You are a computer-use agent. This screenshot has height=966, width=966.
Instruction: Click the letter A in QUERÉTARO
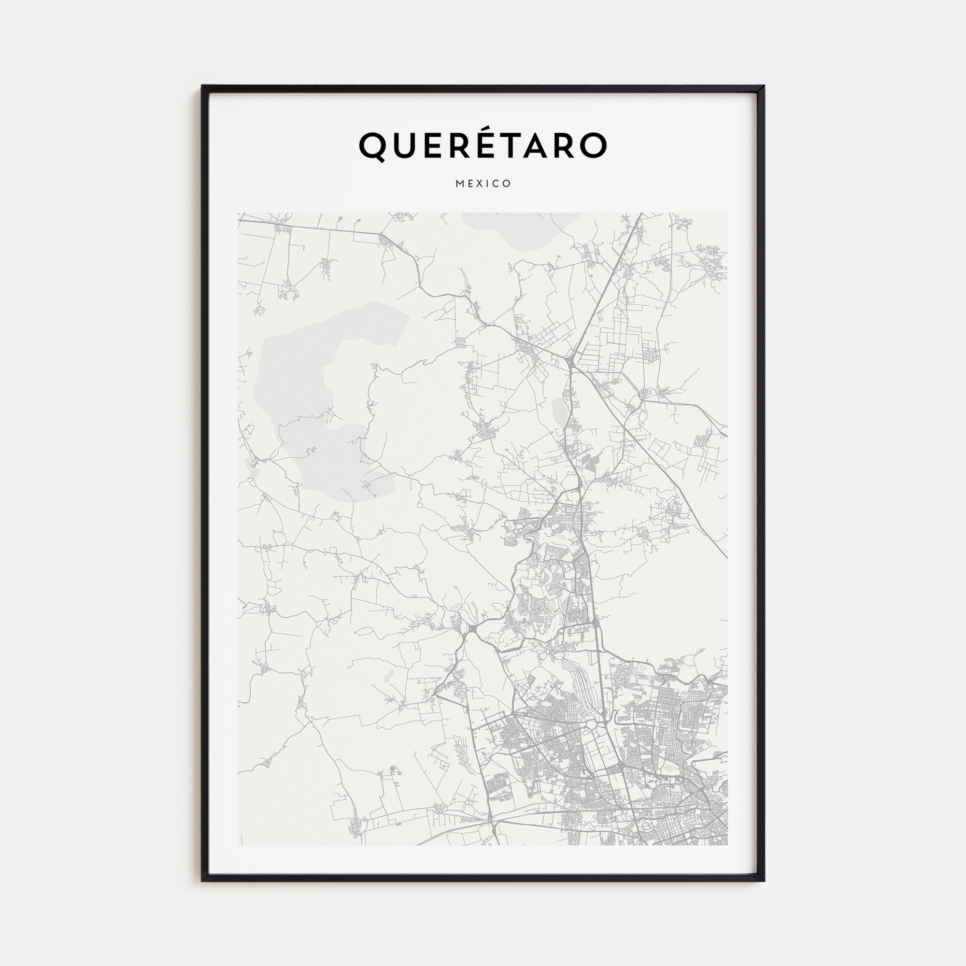click(533, 145)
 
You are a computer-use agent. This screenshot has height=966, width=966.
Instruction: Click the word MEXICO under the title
click(483, 184)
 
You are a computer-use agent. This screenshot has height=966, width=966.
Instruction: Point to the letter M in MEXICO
click(459, 184)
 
